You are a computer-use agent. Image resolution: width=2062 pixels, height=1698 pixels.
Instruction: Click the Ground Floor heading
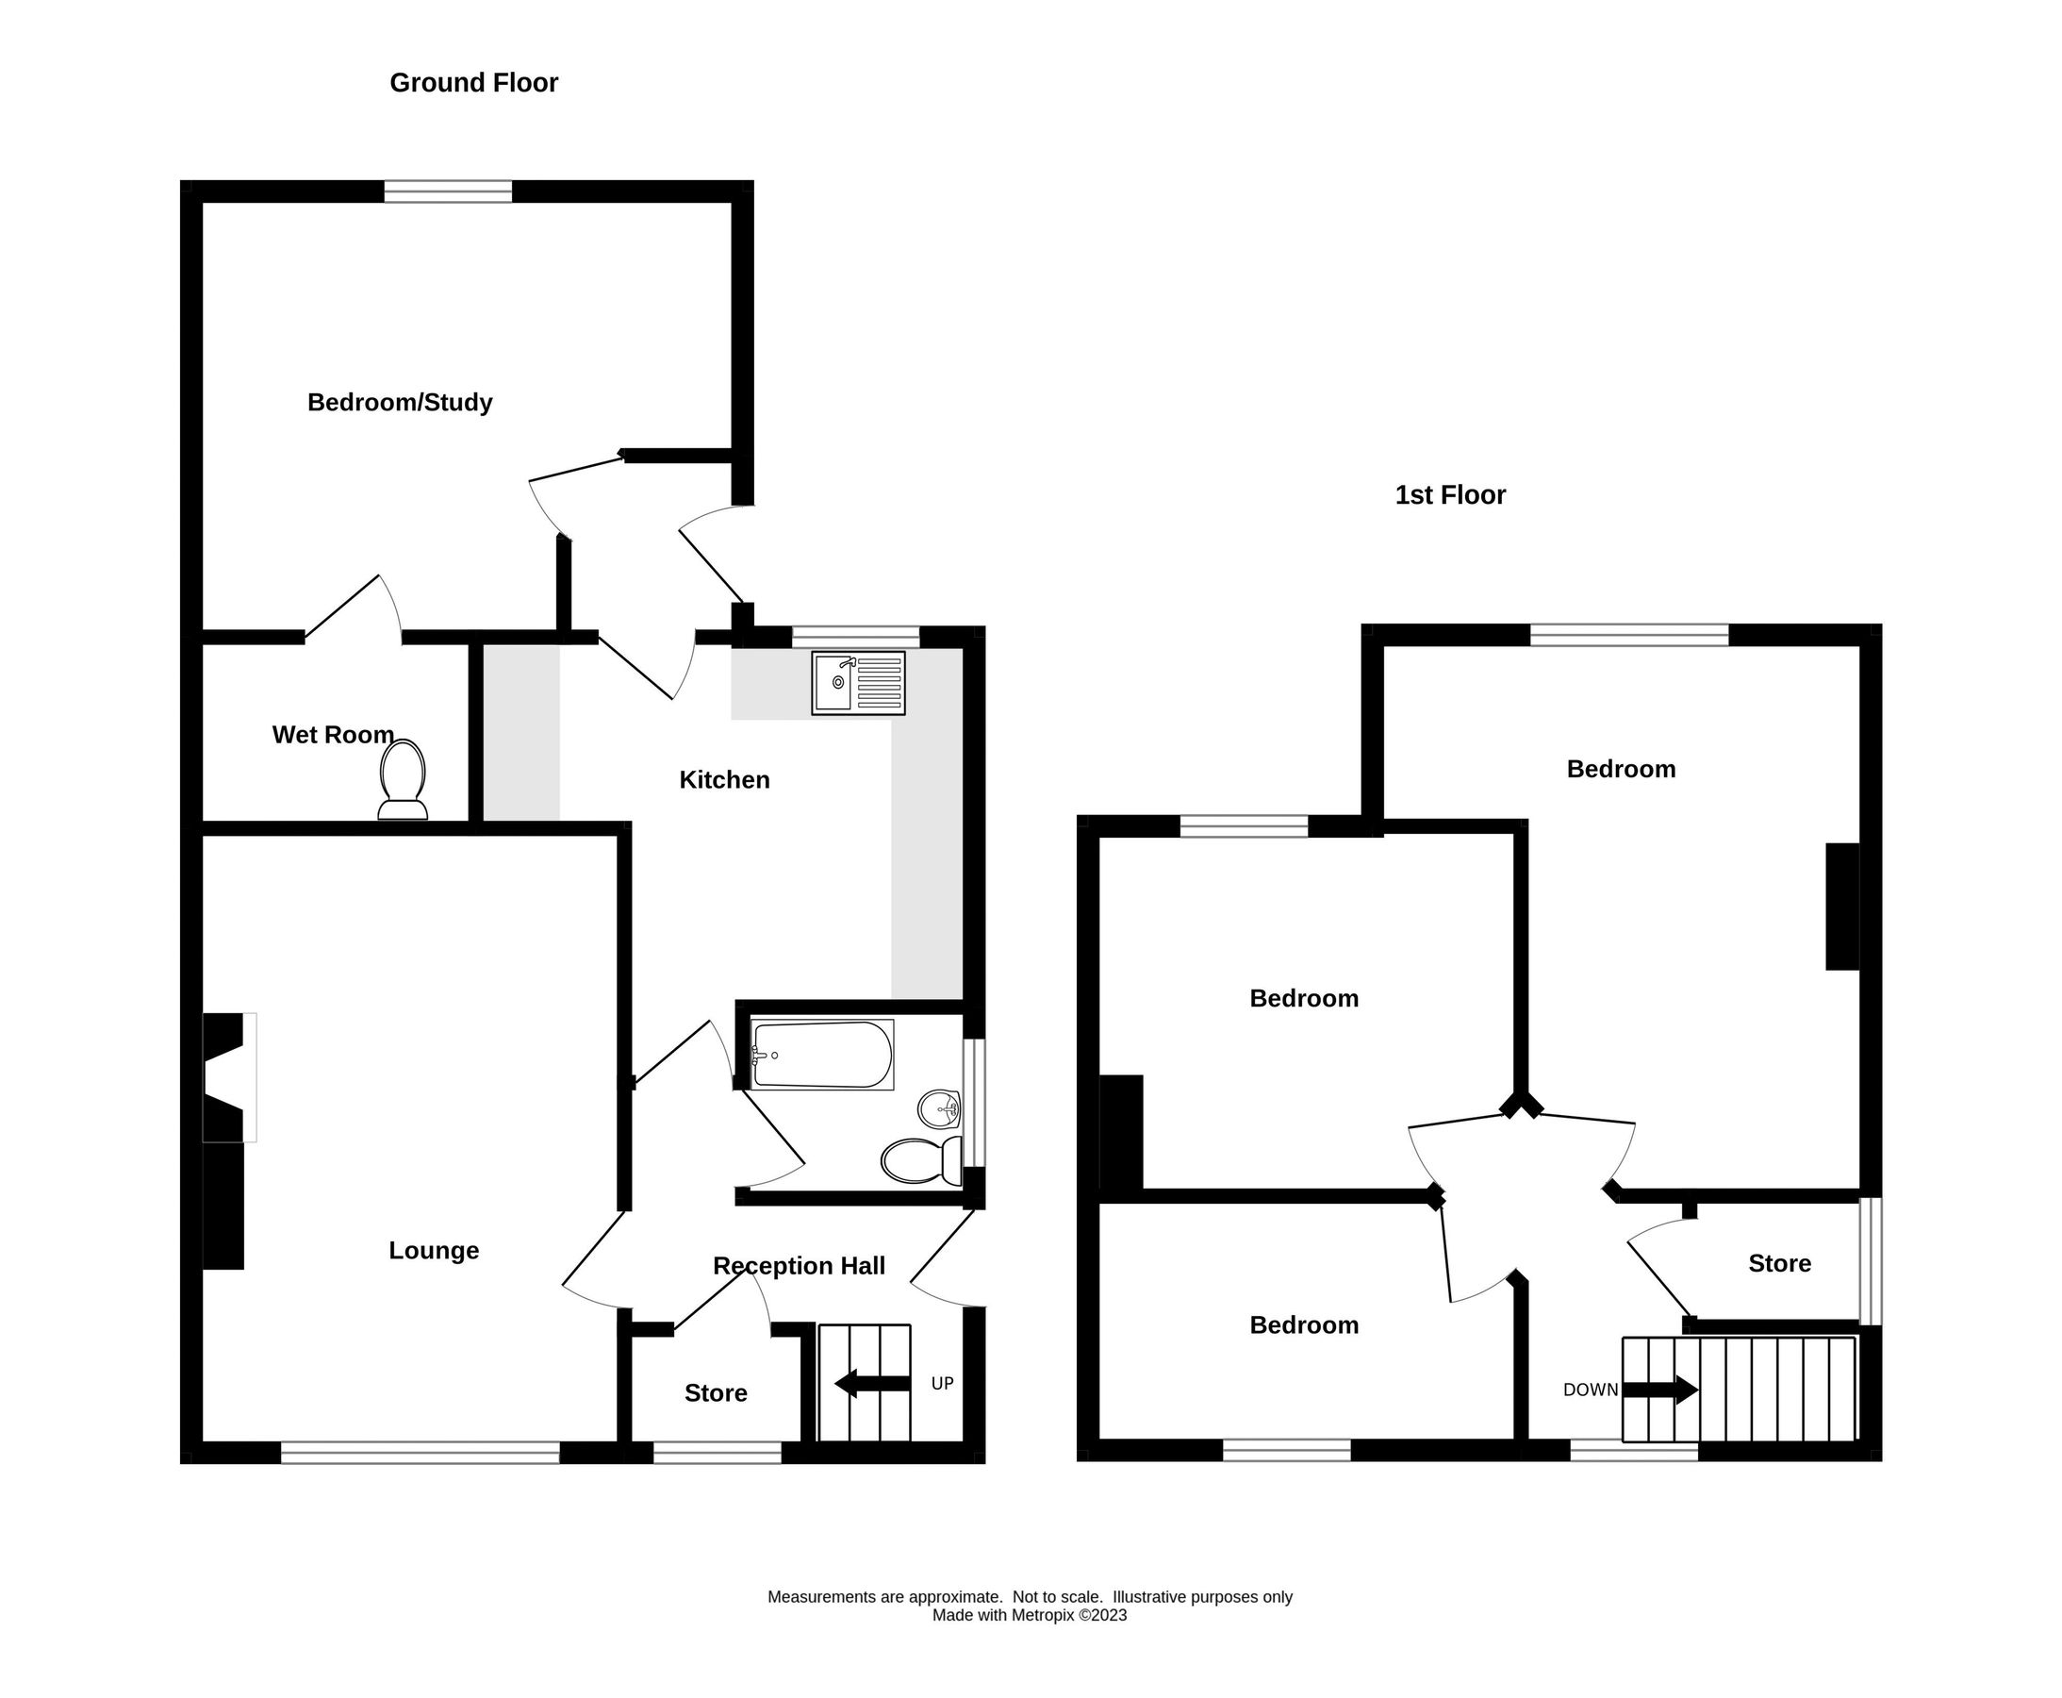(x=473, y=83)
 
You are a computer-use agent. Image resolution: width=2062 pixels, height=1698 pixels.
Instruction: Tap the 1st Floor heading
(x=1449, y=495)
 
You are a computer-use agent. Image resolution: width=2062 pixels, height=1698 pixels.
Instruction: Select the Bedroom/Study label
(x=399, y=402)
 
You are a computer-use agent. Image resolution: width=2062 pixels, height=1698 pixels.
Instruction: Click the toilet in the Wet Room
(x=402, y=778)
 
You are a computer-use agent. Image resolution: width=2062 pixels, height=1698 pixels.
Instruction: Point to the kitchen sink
(x=857, y=683)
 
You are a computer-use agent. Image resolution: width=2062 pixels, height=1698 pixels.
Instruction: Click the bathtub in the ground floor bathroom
(x=821, y=1055)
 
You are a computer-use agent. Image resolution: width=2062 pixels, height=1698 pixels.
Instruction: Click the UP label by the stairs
(x=942, y=1383)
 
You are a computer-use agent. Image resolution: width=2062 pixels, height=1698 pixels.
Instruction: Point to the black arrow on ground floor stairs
(x=873, y=1383)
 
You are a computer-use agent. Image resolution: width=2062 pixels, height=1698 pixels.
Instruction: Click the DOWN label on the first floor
(x=1590, y=1390)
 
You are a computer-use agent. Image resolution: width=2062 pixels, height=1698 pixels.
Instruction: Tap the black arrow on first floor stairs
(x=1660, y=1390)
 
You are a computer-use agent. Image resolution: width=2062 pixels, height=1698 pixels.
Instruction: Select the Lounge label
(x=433, y=1250)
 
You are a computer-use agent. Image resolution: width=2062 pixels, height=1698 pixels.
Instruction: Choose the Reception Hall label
(x=798, y=1266)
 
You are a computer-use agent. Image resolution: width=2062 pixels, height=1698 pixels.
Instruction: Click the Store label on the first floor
(x=1778, y=1263)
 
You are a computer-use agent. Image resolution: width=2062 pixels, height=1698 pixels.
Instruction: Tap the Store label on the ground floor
(x=715, y=1392)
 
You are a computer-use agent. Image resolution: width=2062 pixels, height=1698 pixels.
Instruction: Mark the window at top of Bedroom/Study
(x=447, y=191)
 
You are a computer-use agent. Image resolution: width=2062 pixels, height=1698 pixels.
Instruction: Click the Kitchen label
(x=723, y=779)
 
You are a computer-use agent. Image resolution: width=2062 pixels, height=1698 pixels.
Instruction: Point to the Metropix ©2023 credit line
(x=1029, y=1615)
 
